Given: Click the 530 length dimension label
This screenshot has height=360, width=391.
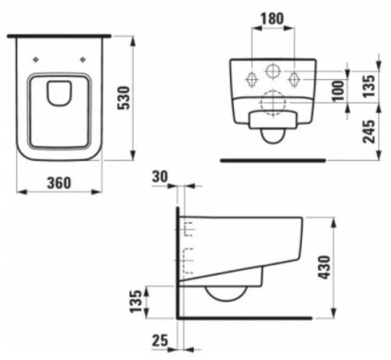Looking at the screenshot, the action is [124, 98].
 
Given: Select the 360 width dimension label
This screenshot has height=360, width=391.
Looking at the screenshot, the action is [59, 183].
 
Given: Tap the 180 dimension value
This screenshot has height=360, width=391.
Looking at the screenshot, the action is [272, 19].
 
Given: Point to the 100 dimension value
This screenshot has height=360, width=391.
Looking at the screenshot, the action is [338, 91].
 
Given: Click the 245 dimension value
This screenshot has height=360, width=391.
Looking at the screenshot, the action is [369, 131].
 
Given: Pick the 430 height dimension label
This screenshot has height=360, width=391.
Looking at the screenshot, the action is [325, 268].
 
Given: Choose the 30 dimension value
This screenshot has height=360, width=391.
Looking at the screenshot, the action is [160, 177].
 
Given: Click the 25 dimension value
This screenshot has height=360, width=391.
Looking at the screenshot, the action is [160, 340].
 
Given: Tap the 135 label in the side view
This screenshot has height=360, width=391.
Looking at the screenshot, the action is [135, 301].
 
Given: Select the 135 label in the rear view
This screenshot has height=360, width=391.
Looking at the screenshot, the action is [369, 86].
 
